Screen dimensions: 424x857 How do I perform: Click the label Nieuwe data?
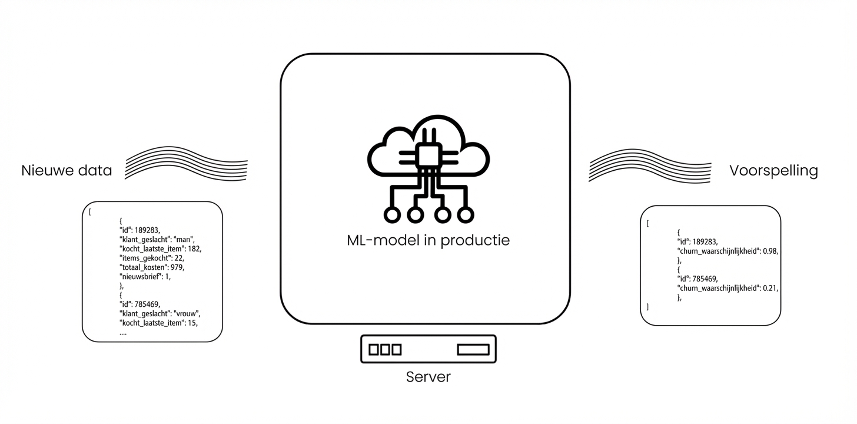67,171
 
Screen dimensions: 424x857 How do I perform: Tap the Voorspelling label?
773,171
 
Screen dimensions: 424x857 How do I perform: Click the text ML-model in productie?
428,240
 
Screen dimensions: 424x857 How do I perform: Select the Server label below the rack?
428,377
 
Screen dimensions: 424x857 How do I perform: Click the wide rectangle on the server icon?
473,350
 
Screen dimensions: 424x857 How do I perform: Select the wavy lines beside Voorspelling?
649,165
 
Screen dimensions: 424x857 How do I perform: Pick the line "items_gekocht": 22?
152,258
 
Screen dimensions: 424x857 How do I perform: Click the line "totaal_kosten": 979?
152,267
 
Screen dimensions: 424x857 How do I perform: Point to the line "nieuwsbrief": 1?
145,276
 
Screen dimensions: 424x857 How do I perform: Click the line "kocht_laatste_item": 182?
160,249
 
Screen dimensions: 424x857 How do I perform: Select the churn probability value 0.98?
770,251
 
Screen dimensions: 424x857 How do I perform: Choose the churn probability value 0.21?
770,288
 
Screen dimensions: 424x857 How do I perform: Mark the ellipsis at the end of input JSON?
122,333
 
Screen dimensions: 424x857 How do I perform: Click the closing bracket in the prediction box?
647,307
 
